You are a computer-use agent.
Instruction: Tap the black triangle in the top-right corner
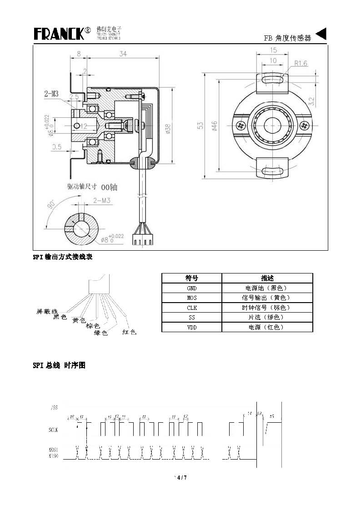tap(321, 34)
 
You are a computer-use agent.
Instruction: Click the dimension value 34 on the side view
tap(123, 54)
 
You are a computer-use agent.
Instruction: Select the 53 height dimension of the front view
tap(200, 126)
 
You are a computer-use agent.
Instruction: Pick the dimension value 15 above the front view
tap(273, 50)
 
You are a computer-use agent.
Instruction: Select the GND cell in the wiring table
tap(191, 288)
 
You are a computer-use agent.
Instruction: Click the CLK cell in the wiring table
tap(191, 308)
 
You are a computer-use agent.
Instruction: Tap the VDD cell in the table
tap(191, 327)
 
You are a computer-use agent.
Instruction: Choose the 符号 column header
tap(191, 278)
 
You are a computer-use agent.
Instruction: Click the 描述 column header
tap(267, 278)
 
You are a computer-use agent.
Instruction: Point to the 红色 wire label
tap(130, 332)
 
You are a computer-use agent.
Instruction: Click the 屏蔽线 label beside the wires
tap(47, 312)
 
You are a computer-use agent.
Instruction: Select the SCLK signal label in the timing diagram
tap(54, 430)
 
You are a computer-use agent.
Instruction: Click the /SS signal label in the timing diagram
tap(54, 408)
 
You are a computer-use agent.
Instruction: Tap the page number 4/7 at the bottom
tap(181, 477)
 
